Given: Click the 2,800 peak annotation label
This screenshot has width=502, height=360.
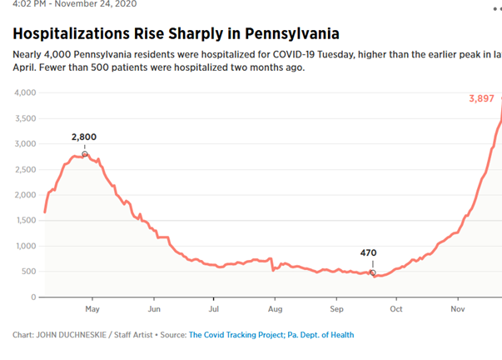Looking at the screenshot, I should tap(85, 137).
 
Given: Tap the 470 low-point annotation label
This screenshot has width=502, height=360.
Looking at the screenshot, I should tap(369, 252).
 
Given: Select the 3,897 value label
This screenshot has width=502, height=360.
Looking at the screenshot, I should tap(481, 98).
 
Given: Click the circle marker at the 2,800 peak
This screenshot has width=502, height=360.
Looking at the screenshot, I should tap(85, 154).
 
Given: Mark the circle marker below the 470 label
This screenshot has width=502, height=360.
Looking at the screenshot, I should tap(373, 272).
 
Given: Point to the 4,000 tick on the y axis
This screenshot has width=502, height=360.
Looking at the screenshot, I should tap(25, 92).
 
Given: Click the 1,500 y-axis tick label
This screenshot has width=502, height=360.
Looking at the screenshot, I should tap(25, 220).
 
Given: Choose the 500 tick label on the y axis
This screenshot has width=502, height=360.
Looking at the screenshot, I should tap(28, 272).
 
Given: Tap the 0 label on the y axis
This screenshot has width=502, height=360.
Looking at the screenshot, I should tap(33, 297).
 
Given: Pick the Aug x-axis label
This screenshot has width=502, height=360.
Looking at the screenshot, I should tap(276, 308).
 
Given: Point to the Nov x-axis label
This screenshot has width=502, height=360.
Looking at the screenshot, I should tap(457, 308).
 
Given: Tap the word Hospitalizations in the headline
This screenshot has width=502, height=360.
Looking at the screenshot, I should tap(77, 34).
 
